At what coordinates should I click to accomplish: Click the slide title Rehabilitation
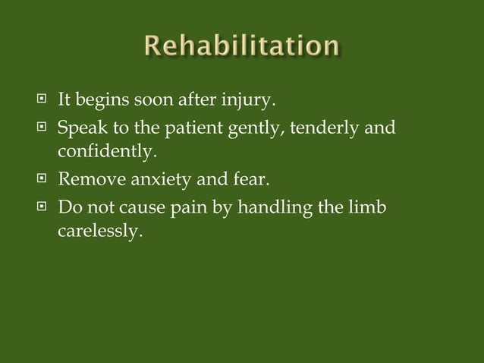(243, 47)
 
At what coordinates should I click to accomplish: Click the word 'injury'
(253, 99)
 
